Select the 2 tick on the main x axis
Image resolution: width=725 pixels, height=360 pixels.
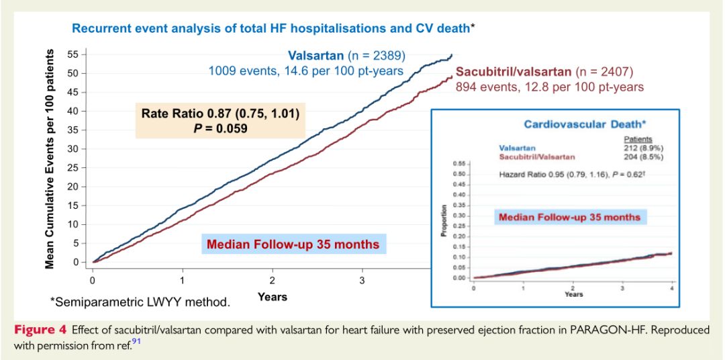(273, 279)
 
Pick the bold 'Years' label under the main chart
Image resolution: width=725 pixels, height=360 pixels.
(273, 296)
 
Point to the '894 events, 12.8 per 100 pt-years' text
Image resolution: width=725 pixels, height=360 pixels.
(550, 87)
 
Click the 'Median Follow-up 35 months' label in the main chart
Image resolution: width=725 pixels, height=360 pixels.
(293, 244)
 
